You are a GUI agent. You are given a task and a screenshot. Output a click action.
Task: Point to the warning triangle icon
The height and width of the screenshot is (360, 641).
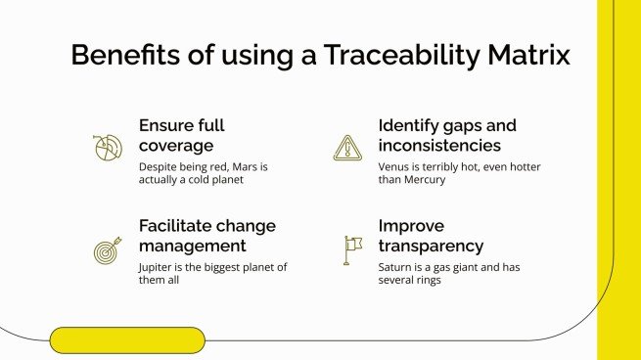(x=346, y=148)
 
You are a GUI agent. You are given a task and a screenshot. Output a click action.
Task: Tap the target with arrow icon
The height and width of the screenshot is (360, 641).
(x=107, y=249)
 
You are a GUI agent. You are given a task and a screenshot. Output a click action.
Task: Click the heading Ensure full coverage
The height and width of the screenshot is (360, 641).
(x=182, y=135)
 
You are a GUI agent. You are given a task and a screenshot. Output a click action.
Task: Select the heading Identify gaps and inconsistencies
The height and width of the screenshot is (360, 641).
(x=447, y=135)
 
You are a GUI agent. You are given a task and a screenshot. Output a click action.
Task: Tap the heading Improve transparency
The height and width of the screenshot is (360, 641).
(x=431, y=235)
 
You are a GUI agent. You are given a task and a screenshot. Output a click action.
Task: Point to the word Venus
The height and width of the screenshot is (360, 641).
(x=395, y=166)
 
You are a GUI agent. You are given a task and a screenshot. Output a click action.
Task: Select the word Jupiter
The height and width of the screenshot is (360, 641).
(x=160, y=266)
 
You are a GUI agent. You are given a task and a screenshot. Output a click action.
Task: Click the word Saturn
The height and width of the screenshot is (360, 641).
(x=397, y=266)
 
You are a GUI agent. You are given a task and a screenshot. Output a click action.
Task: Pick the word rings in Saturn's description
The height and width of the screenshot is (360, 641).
(x=431, y=280)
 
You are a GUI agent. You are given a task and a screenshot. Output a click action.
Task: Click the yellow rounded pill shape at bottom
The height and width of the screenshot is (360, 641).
(x=127, y=339)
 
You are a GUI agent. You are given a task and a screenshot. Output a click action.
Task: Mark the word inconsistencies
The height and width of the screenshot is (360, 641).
(x=439, y=146)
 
